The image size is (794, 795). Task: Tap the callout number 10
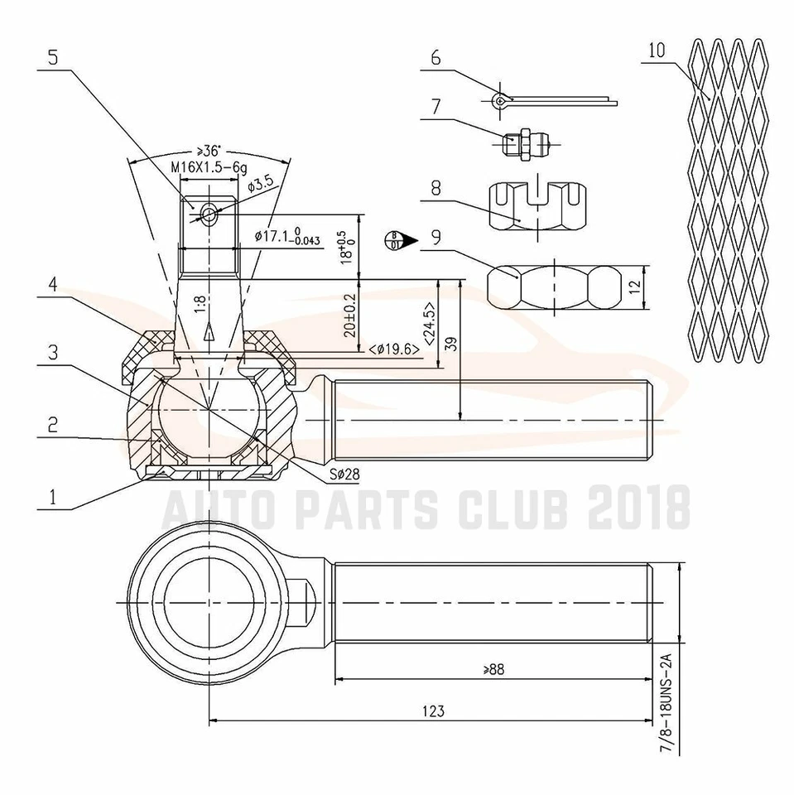tap(657, 49)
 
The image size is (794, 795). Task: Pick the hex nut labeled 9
tap(553, 286)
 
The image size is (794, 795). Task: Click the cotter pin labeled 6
tap(555, 100)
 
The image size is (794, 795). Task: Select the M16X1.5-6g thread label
tap(209, 166)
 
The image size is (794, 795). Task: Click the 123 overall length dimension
tap(432, 711)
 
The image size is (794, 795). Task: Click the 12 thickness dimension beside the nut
tap(635, 287)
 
